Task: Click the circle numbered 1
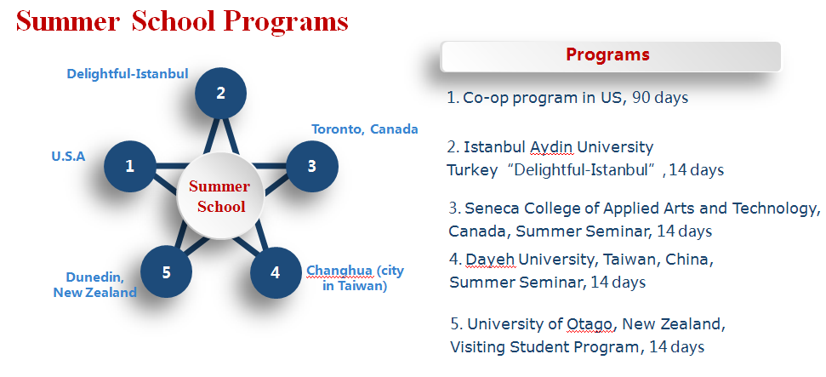point(130,166)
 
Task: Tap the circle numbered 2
point(220,93)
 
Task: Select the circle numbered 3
point(312,166)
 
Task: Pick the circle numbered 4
point(276,272)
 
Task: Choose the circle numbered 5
point(167,272)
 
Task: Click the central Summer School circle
point(220,196)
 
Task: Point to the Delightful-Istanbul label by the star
point(128,74)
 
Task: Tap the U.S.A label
point(68,157)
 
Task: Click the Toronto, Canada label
point(365,129)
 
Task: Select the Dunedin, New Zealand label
point(94,285)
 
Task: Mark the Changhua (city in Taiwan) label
point(355,278)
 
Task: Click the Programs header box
point(611,56)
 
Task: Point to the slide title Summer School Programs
point(182,21)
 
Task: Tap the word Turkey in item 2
point(472,170)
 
